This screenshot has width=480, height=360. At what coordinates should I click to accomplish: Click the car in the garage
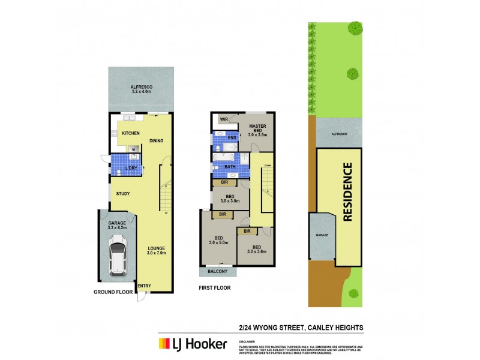(x=117, y=254)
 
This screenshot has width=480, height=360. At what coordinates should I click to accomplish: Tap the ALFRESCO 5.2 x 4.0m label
(x=142, y=91)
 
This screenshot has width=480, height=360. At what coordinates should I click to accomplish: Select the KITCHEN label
(x=131, y=133)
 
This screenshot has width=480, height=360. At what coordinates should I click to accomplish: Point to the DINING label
(x=157, y=142)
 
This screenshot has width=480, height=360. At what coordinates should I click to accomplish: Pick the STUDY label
(x=124, y=193)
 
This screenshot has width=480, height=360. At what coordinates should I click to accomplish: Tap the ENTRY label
(x=144, y=286)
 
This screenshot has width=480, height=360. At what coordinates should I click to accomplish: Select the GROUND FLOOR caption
(x=113, y=293)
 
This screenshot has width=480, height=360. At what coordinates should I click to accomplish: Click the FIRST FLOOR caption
(x=215, y=288)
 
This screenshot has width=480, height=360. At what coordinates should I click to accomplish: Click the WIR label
(x=224, y=119)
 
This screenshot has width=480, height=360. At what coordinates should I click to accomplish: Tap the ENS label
(x=232, y=138)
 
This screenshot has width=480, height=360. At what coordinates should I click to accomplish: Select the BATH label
(x=229, y=167)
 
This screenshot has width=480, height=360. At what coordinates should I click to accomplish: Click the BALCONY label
(x=218, y=272)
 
